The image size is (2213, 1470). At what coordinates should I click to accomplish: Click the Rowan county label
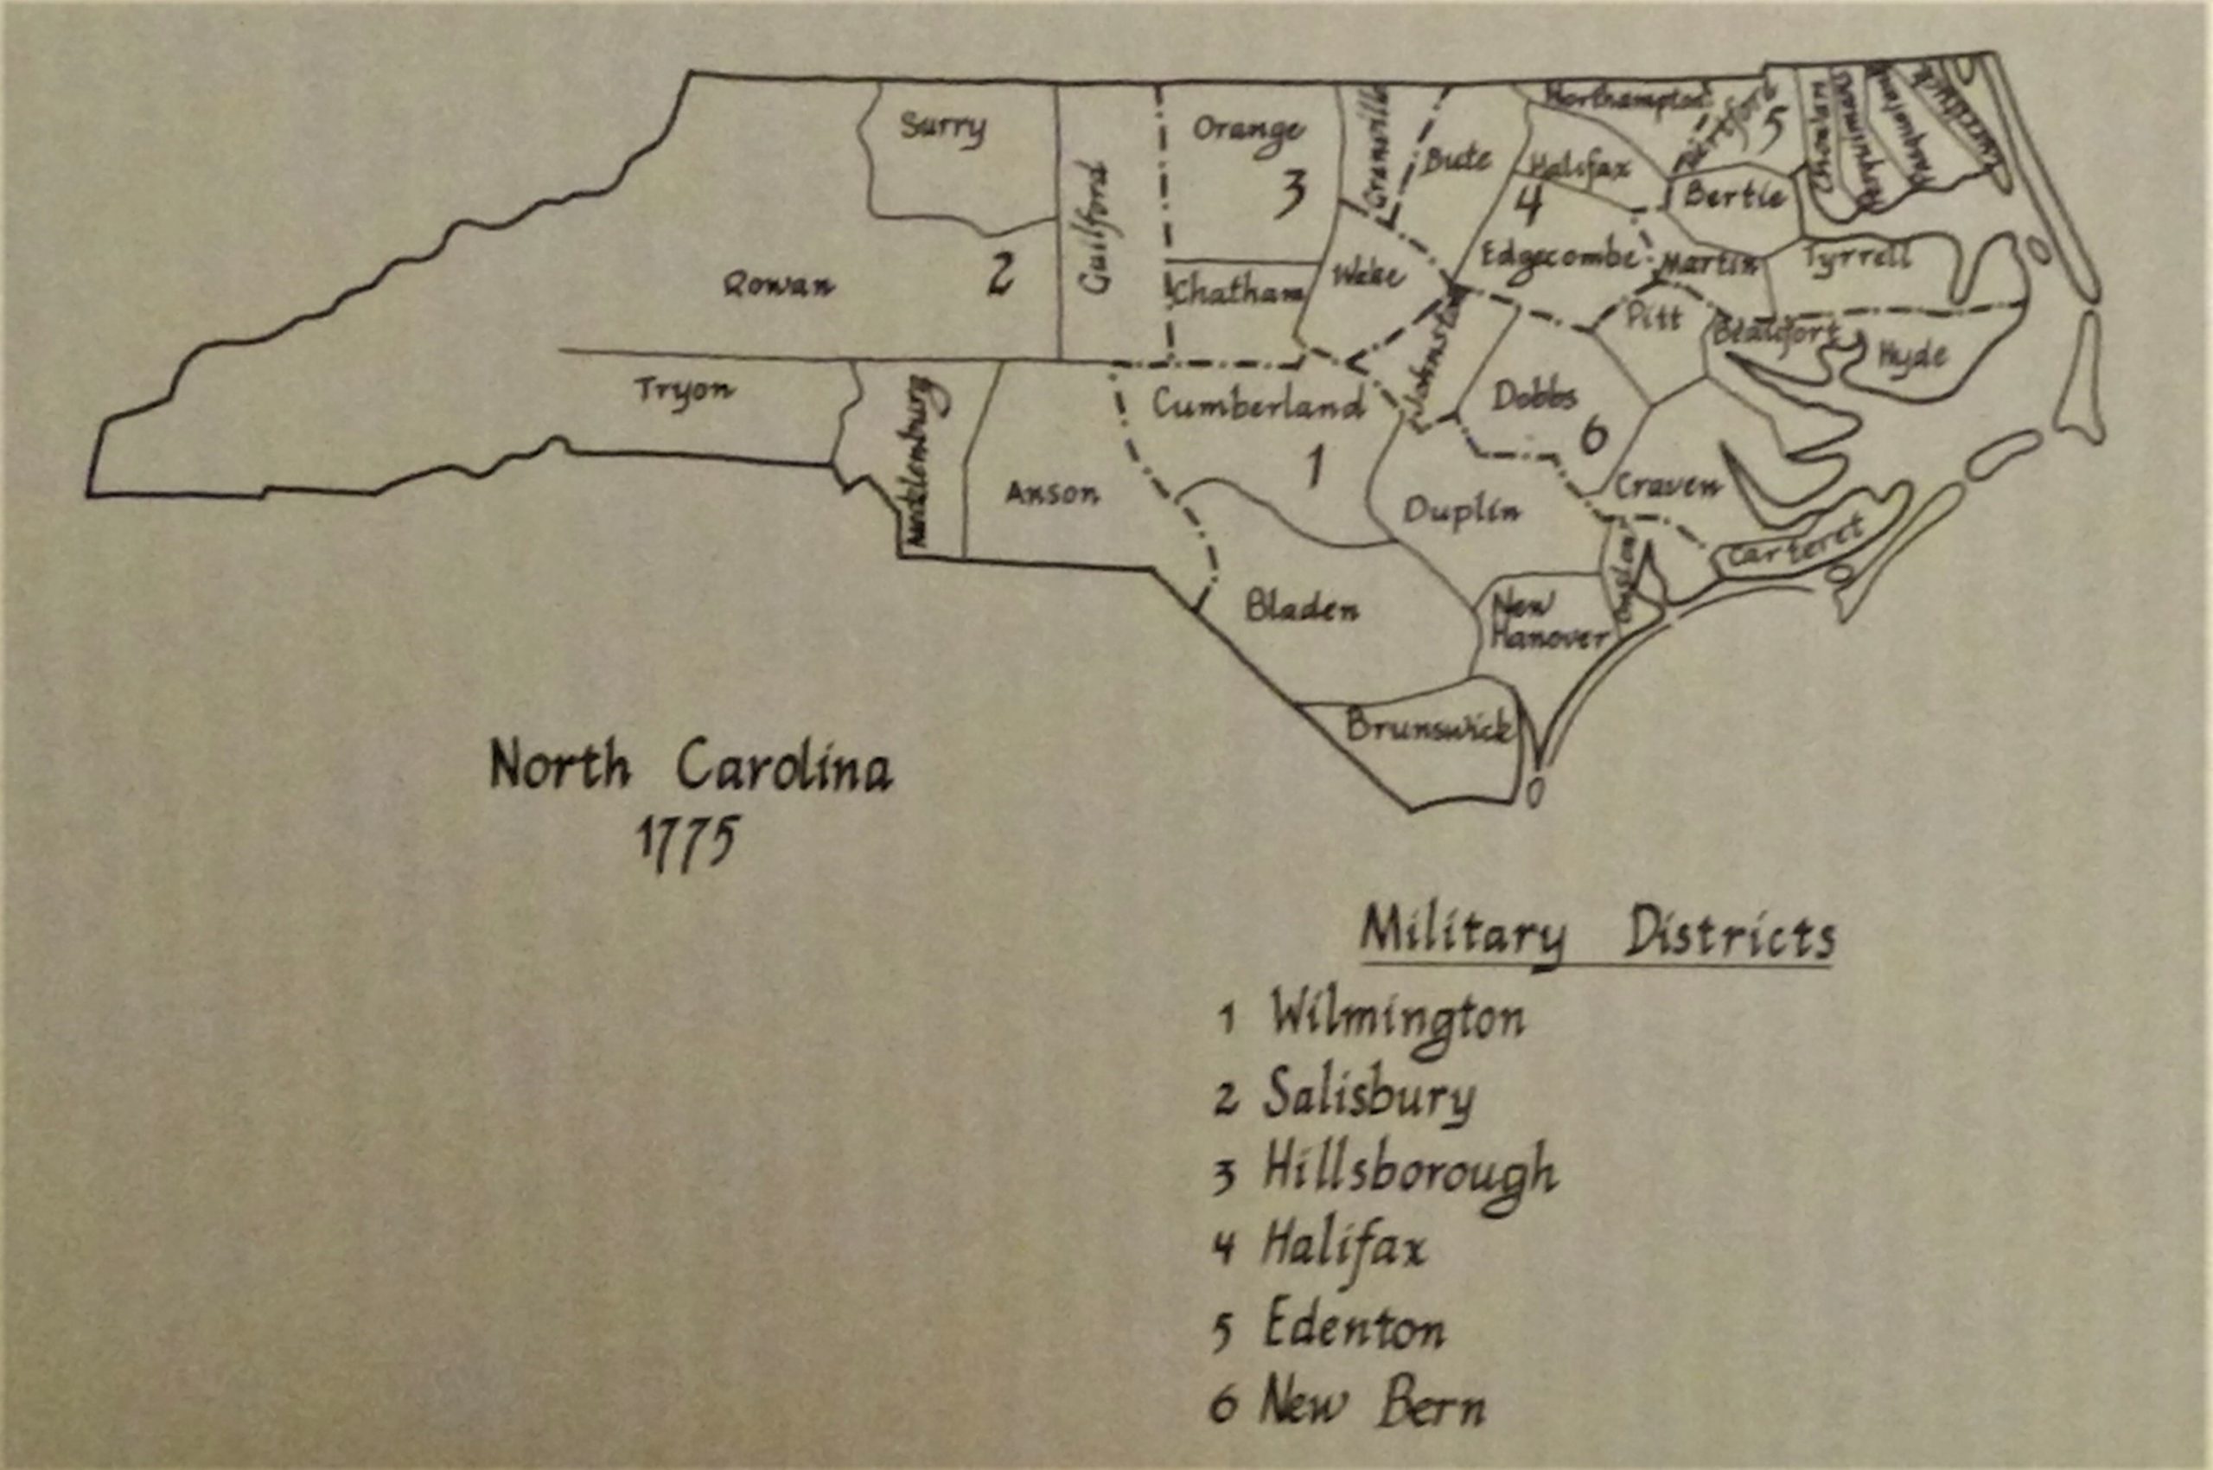pyautogui.click(x=778, y=284)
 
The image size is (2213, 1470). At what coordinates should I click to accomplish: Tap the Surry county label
pyautogui.click(x=942, y=126)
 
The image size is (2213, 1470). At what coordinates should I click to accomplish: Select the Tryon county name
pyautogui.click(x=683, y=391)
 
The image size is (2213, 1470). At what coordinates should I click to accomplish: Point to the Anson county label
pyautogui.click(x=1052, y=493)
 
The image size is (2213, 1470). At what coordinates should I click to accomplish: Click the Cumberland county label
pyautogui.click(x=1257, y=405)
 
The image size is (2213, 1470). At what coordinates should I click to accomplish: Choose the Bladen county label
pyautogui.click(x=1301, y=609)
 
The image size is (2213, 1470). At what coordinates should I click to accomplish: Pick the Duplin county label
pyautogui.click(x=1461, y=511)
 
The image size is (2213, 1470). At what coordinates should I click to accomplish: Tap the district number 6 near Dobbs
pyautogui.click(x=1593, y=435)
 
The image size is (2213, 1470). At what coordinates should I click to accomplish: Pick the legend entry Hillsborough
pyautogui.click(x=1409, y=1173)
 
